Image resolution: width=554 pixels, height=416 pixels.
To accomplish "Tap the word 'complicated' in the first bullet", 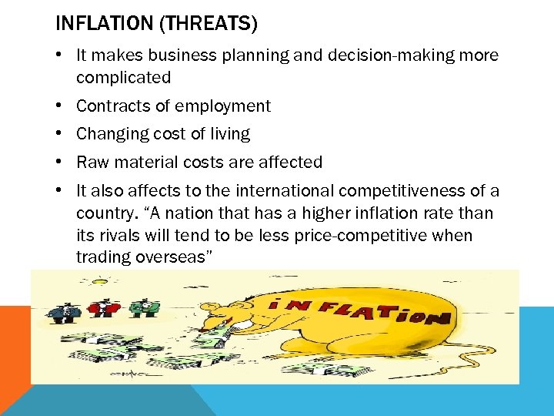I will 123,77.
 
